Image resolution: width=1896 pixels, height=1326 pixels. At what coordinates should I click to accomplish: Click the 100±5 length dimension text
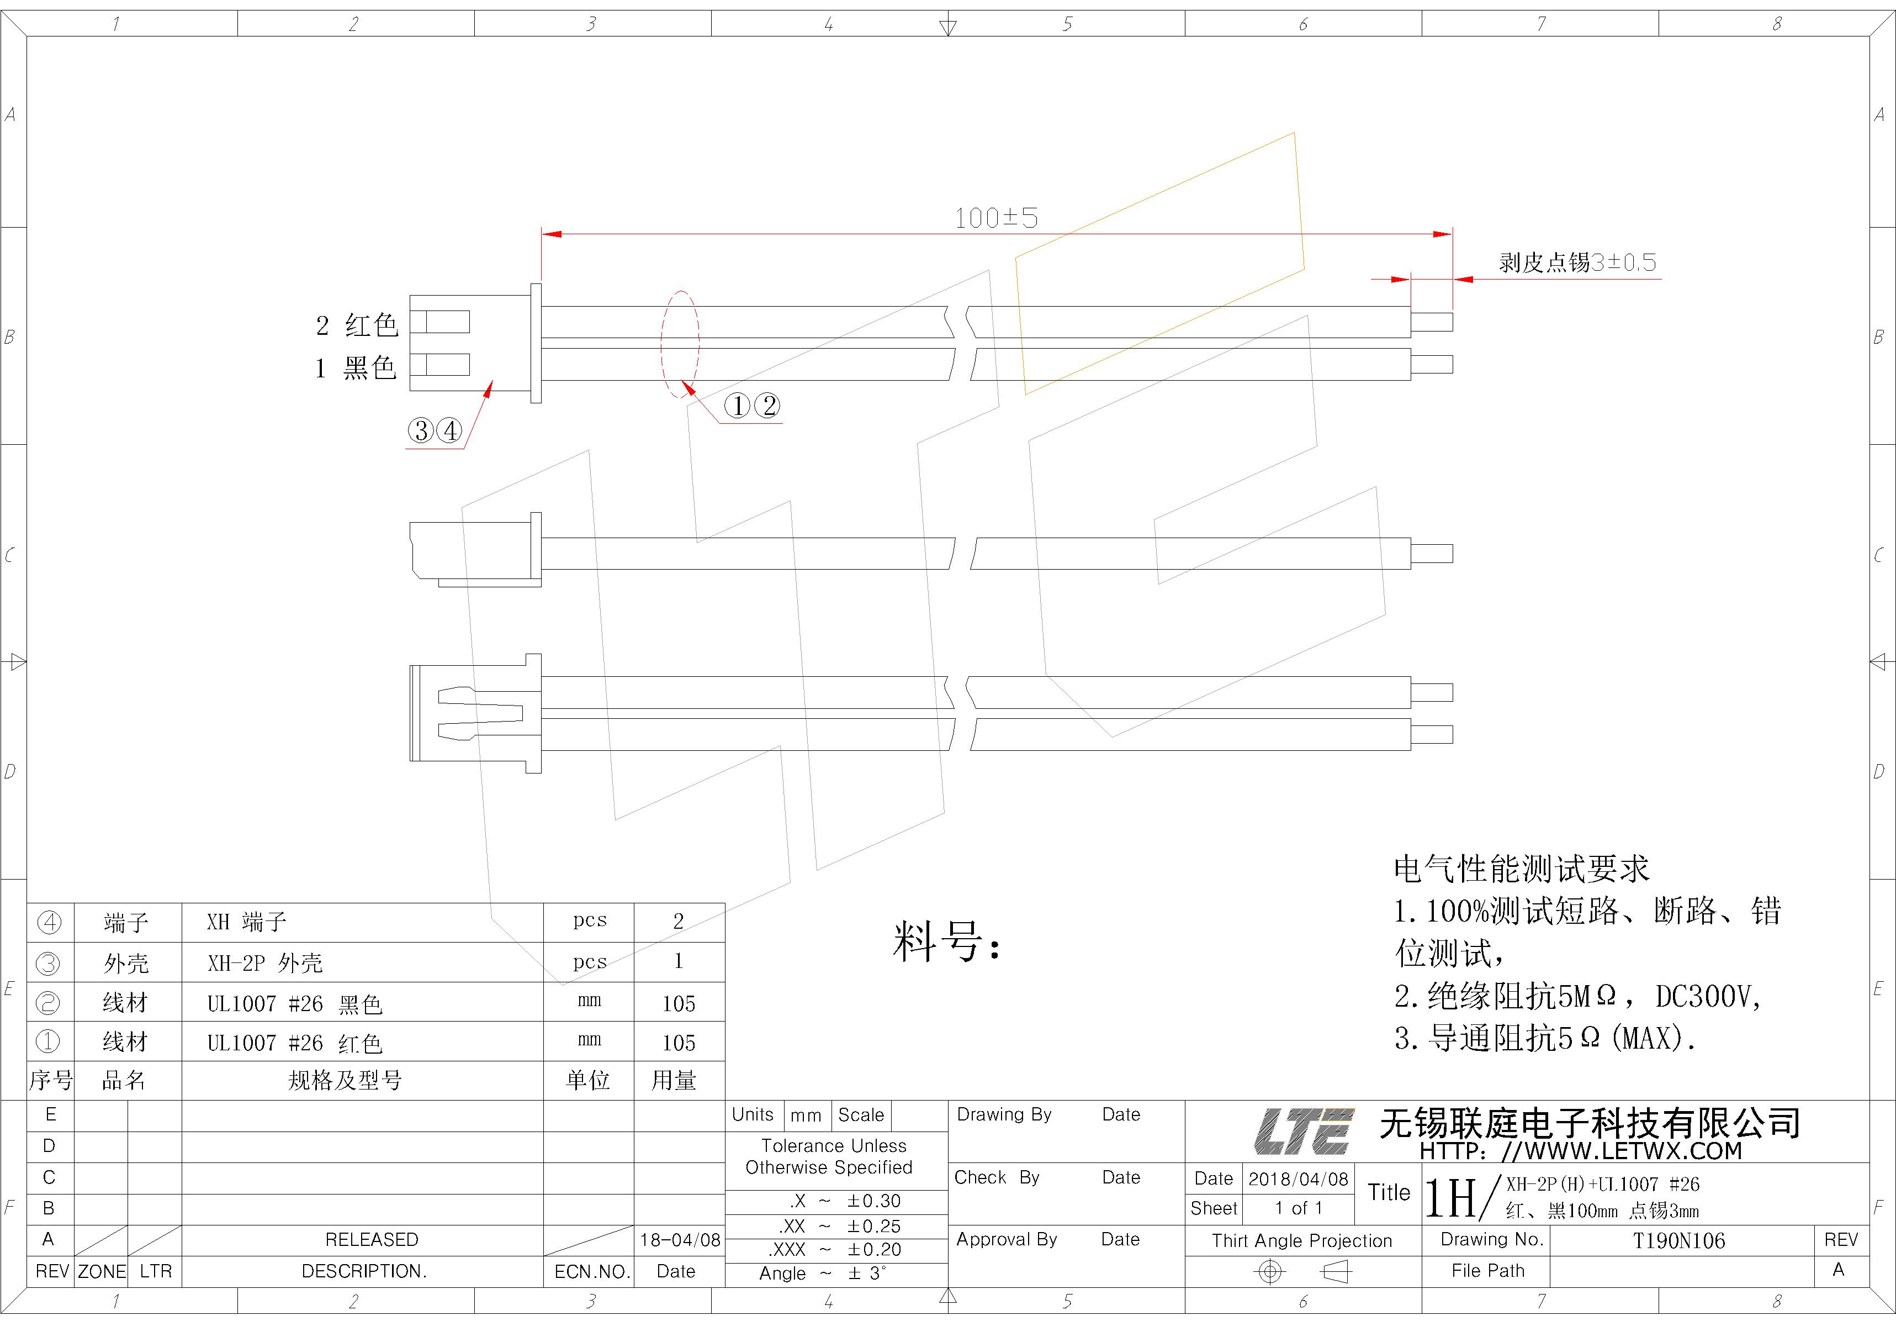pos(996,218)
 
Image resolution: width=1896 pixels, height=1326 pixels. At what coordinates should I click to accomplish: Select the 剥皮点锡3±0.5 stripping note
pos(1577,263)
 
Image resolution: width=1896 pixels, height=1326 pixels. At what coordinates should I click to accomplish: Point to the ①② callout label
pos(751,406)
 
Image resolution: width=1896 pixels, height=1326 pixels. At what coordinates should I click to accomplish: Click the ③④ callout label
pos(435,430)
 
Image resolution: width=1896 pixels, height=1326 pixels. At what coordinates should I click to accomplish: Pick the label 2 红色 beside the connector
pos(357,325)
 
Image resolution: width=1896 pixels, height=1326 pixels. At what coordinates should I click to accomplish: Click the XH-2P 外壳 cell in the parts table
pos(264,962)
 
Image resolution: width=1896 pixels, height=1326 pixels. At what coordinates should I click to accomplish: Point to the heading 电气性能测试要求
pos(1521,869)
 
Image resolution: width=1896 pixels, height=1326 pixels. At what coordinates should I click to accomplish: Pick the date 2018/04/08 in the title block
pos(1298,1179)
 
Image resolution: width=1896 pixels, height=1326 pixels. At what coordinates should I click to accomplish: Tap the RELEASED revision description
pos(372,1239)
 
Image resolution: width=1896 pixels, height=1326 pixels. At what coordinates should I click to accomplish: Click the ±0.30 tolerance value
pos(873,1201)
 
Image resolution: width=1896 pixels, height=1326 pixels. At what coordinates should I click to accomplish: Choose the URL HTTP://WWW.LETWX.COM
pos(1581,1151)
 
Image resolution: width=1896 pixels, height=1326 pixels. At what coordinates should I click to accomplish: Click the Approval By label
pos(1007,1239)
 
